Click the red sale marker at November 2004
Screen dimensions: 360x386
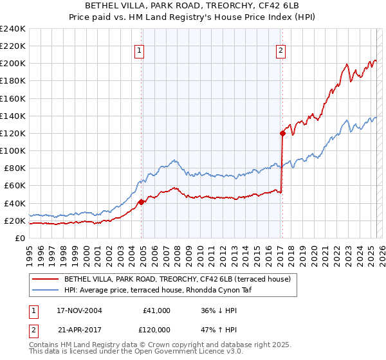142,202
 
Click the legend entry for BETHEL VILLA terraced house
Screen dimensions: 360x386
177,279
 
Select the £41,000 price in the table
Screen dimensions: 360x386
156,310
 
